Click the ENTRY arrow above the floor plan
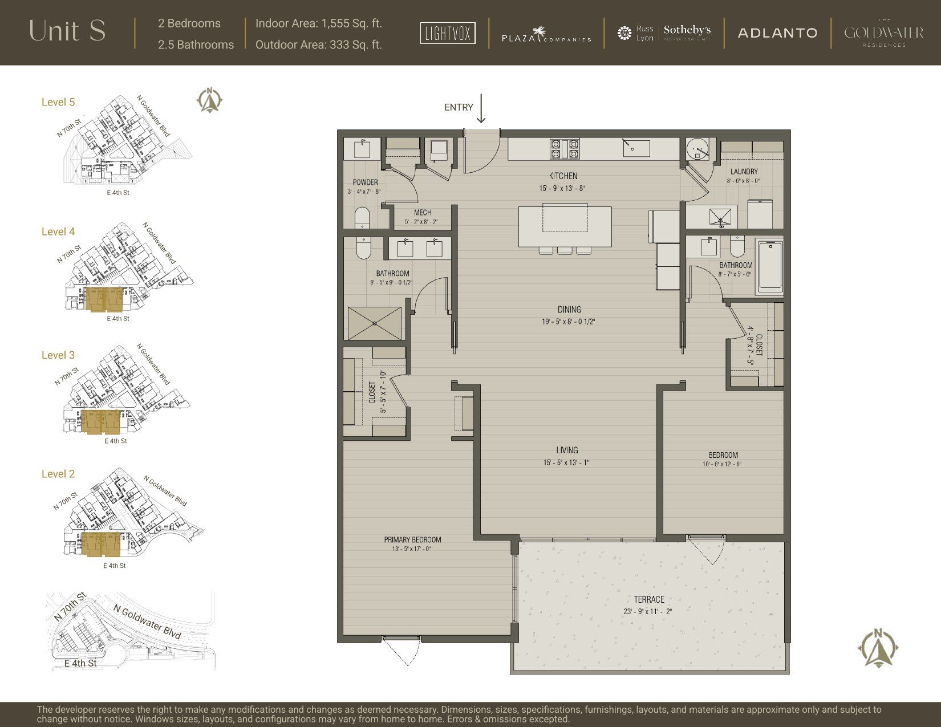(x=481, y=108)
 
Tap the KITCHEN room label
(x=563, y=176)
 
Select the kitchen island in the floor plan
(x=565, y=226)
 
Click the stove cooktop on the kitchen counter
(x=564, y=149)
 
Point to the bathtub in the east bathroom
(x=770, y=266)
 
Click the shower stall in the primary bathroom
(x=374, y=323)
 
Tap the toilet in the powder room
(x=362, y=218)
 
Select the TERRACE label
(x=649, y=599)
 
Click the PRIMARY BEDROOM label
(x=412, y=539)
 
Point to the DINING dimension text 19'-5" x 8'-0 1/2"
(x=569, y=322)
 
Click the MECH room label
(x=422, y=213)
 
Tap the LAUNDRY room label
(x=744, y=172)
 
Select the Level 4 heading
(x=58, y=231)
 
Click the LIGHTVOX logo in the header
(x=448, y=33)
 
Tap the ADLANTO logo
(x=777, y=33)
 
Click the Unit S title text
(x=67, y=31)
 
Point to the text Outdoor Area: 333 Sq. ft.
(x=318, y=44)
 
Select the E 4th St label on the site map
(x=80, y=663)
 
